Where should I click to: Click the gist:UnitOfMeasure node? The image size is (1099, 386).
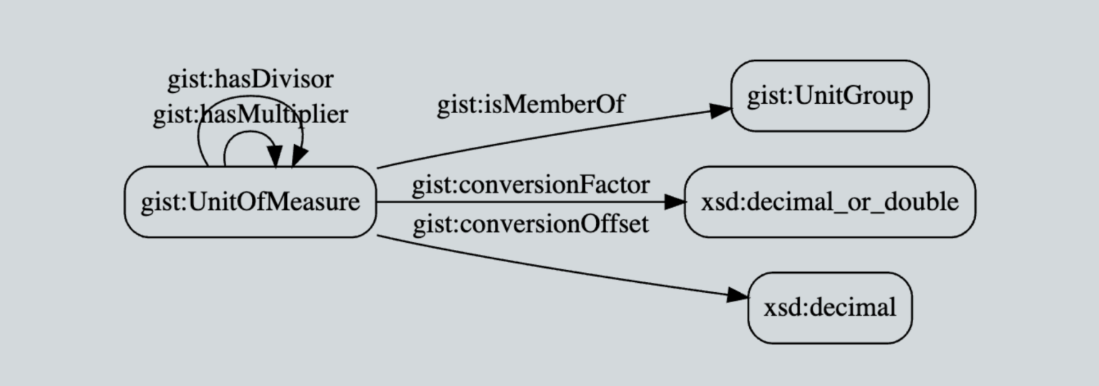tap(250, 202)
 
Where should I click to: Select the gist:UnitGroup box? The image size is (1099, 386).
tap(829, 96)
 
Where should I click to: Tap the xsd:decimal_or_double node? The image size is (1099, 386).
tap(829, 202)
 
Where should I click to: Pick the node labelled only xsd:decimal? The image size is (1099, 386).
tap(829, 308)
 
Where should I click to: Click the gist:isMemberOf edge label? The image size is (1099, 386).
tap(531, 105)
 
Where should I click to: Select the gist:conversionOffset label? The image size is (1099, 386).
tap(530, 224)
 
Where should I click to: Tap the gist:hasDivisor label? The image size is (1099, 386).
tap(250, 79)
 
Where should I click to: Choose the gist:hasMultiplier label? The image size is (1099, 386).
tap(250, 115)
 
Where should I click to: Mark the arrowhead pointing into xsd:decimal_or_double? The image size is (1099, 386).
tap(675, 202)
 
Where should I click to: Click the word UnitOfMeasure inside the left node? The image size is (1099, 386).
tap(273, 202)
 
